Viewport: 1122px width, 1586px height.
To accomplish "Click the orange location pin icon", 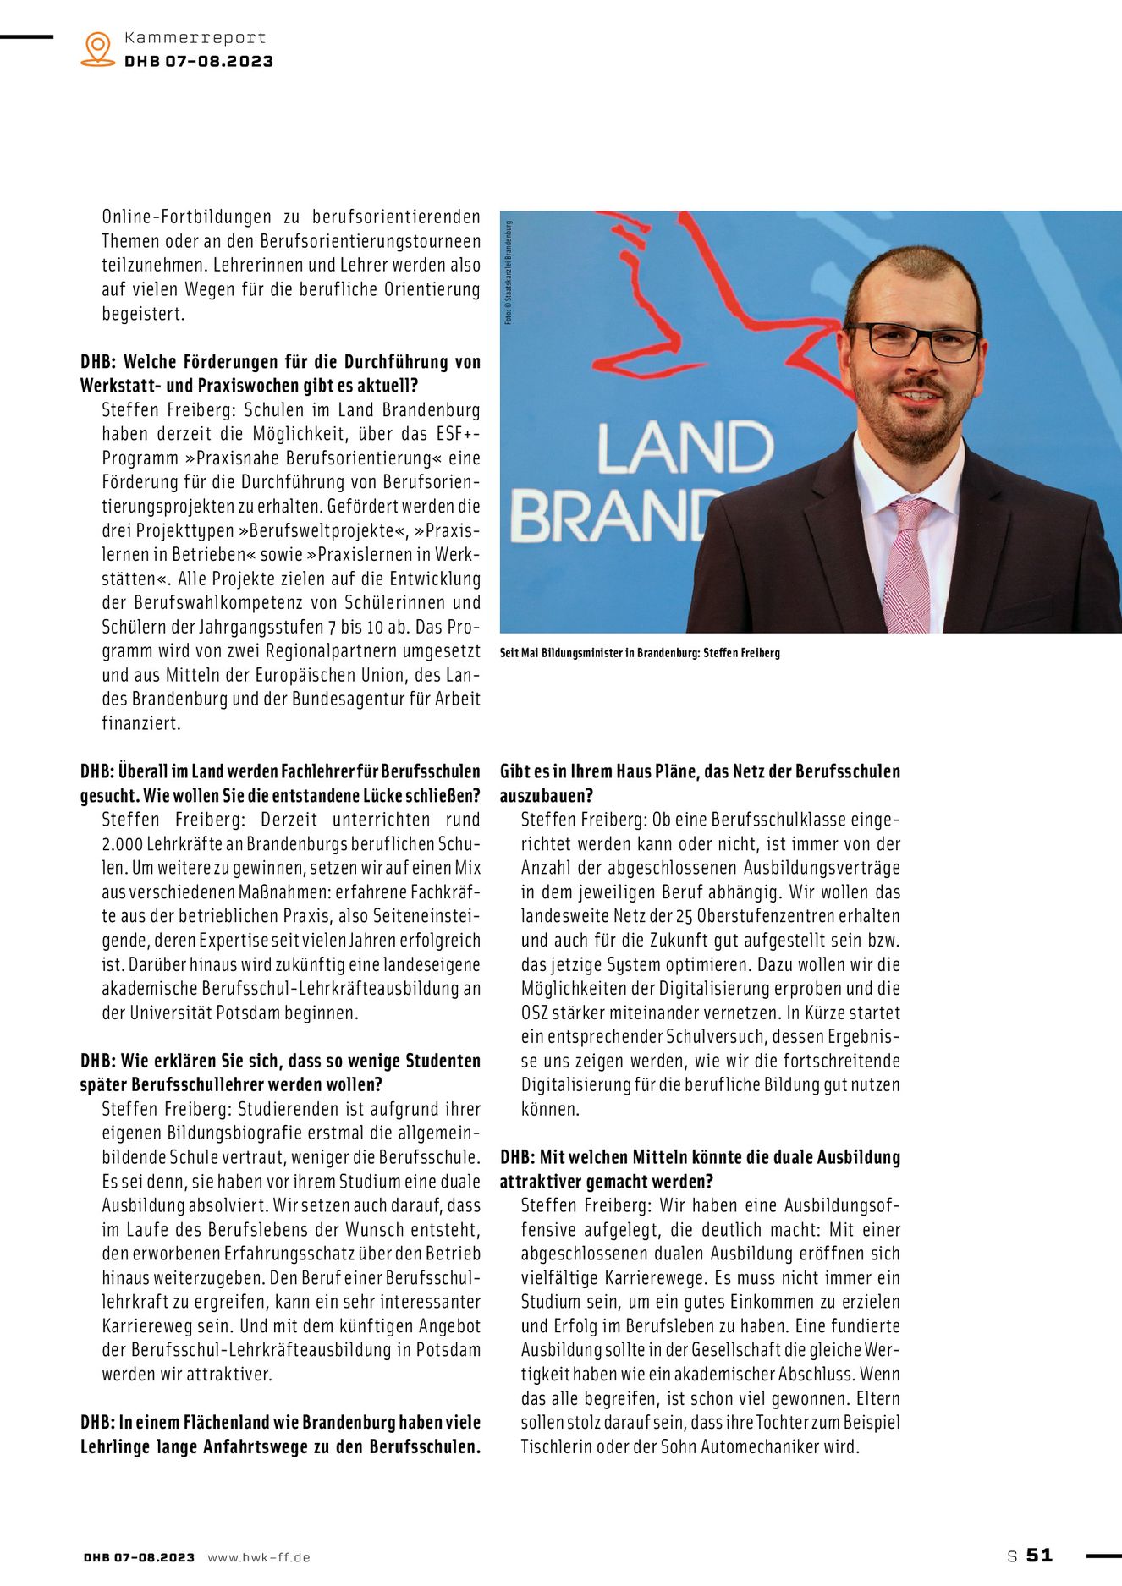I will pos(98,49).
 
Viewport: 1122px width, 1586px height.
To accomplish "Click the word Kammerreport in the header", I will pos(195,37).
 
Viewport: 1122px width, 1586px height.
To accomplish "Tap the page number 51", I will pos(1039,1555).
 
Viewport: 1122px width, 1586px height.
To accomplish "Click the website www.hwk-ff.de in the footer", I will pos(259,1557).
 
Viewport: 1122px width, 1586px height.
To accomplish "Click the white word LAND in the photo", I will pos(685,448).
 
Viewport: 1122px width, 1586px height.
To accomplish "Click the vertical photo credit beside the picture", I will pos(509,272).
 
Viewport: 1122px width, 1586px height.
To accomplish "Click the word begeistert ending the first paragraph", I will pos(142,314).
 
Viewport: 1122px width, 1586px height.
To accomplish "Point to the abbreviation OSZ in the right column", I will pos(534,1013).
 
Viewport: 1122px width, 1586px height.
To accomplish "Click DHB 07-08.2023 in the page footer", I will pos(139,1557).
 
